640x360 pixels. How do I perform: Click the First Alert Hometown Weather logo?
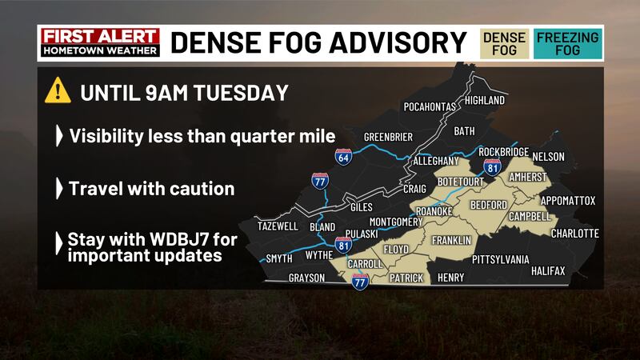(x=99, y=42)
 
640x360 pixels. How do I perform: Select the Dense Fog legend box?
(x=504, y=43)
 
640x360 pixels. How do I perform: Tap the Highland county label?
(x=484, y=101)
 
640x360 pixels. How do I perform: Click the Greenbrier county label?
(x=388, y=137)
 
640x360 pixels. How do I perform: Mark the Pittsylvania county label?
(x=501, y=259)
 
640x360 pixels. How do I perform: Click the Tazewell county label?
(x=278, y=226)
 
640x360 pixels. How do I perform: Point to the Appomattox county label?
(x=568, y=200)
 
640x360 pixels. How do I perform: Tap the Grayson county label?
(x=306, y=278)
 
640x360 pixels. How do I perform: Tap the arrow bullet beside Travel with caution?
(x=58, y=189)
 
